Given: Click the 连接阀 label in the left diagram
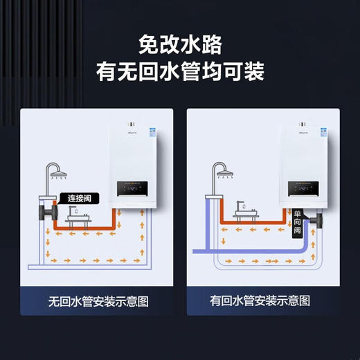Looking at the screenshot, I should tap(79, 199).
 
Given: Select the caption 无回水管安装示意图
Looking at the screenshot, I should tap(98, 301).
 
